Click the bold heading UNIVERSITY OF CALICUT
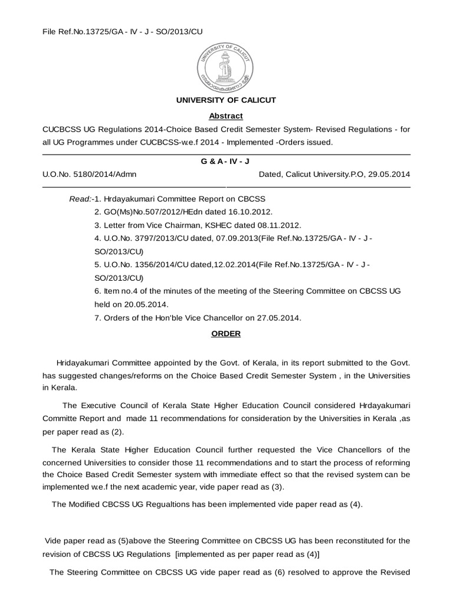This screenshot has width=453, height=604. coord(226,100)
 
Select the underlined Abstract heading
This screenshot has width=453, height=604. coord(226,116)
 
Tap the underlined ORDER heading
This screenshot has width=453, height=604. coord(226,333)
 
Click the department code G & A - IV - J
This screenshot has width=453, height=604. coord(226,161)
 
